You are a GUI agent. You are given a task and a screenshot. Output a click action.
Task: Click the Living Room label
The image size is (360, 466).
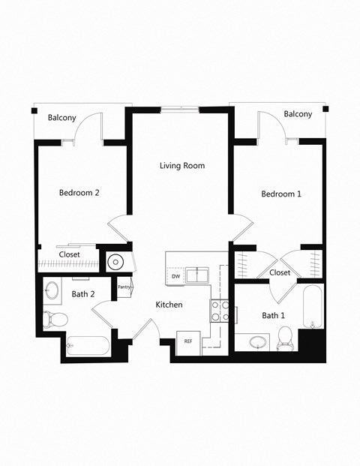[x=182, y=166]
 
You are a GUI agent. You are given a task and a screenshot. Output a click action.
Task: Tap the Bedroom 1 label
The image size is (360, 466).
[x=281, y=194]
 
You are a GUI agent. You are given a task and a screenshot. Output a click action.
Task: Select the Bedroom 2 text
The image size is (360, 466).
[x=79, y=193]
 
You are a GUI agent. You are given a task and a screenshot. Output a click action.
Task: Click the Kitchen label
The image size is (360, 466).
[x=169, y=305]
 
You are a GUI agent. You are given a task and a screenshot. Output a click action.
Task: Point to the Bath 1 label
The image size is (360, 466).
[x=273, y=316]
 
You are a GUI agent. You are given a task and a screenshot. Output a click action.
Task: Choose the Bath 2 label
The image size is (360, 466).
[x=82, y=294]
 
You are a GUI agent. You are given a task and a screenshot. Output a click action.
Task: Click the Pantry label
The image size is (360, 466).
[x=124, y=287]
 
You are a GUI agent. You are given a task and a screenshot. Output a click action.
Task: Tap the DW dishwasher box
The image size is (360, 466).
[x=175, y=276]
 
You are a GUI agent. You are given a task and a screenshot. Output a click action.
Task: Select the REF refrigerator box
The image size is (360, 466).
[x=188, y=341]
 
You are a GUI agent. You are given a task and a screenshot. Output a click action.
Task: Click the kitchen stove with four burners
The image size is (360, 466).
[x=220, y=311]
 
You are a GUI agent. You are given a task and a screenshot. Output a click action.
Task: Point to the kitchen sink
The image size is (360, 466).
[x=197, y=274]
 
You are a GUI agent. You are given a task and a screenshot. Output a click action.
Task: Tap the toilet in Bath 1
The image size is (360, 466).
[x=284, y=342]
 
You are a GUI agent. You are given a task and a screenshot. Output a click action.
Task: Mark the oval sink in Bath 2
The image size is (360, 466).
[x=53, y=290]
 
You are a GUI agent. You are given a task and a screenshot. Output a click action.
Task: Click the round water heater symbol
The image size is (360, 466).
[x=115, y=263]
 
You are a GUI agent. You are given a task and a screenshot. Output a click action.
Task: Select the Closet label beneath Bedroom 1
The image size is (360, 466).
[x=280, y=272]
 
